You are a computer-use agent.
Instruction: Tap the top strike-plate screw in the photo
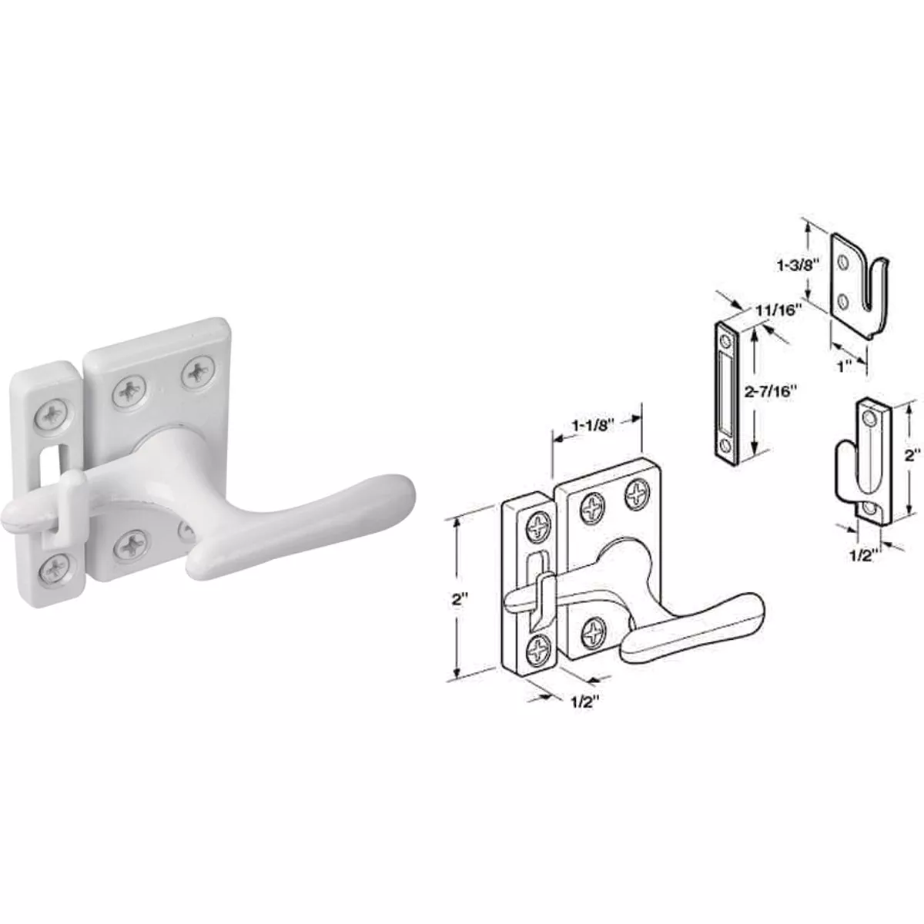coord(52,417)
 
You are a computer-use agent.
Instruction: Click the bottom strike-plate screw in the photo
coord(54,570)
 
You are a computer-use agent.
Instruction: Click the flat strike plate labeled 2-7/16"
coord(726,391)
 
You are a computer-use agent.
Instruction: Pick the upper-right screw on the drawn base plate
coord(638,492)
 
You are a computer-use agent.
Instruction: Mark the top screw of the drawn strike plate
coord(536,528)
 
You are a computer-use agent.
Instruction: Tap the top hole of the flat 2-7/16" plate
coord(724,339)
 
